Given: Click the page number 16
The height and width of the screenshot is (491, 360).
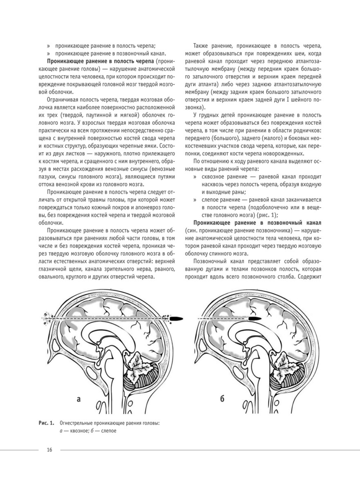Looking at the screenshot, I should pos(49,450).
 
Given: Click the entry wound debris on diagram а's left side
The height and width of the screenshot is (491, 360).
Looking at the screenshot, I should pos(45,315).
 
